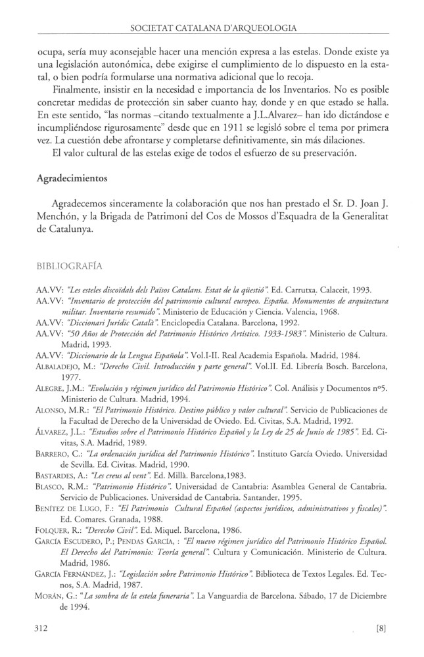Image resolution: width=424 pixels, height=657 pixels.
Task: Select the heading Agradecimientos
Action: [x=70, y=177]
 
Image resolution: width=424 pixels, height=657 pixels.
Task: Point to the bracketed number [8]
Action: [x=381, y=627]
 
